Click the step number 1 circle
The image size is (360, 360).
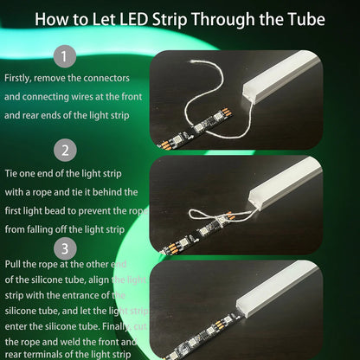click(64, 58)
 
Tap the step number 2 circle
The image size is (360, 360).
click(64, 151)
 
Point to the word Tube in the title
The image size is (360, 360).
click(303, 18)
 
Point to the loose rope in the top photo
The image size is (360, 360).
click(216, 95)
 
